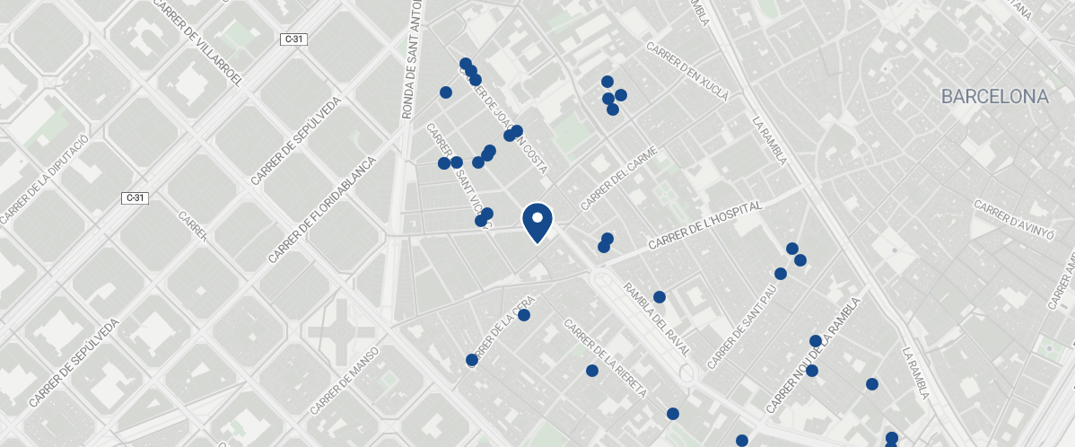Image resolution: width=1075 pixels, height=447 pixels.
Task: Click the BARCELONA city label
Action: click(994, 97)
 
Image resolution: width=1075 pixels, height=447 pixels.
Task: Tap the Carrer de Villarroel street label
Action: click(198, 42)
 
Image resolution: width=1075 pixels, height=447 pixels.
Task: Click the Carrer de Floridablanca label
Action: click(320, 210)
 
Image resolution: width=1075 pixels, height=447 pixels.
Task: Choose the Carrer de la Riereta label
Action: click(605, 358)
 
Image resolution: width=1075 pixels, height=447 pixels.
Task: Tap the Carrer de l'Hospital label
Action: click(704, 225)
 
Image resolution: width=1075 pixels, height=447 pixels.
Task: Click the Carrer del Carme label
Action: click(619, 178)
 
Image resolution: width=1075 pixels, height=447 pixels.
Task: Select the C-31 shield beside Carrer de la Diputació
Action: click(135, 197)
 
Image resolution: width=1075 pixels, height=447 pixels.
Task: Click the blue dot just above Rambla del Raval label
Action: click(660, 297)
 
